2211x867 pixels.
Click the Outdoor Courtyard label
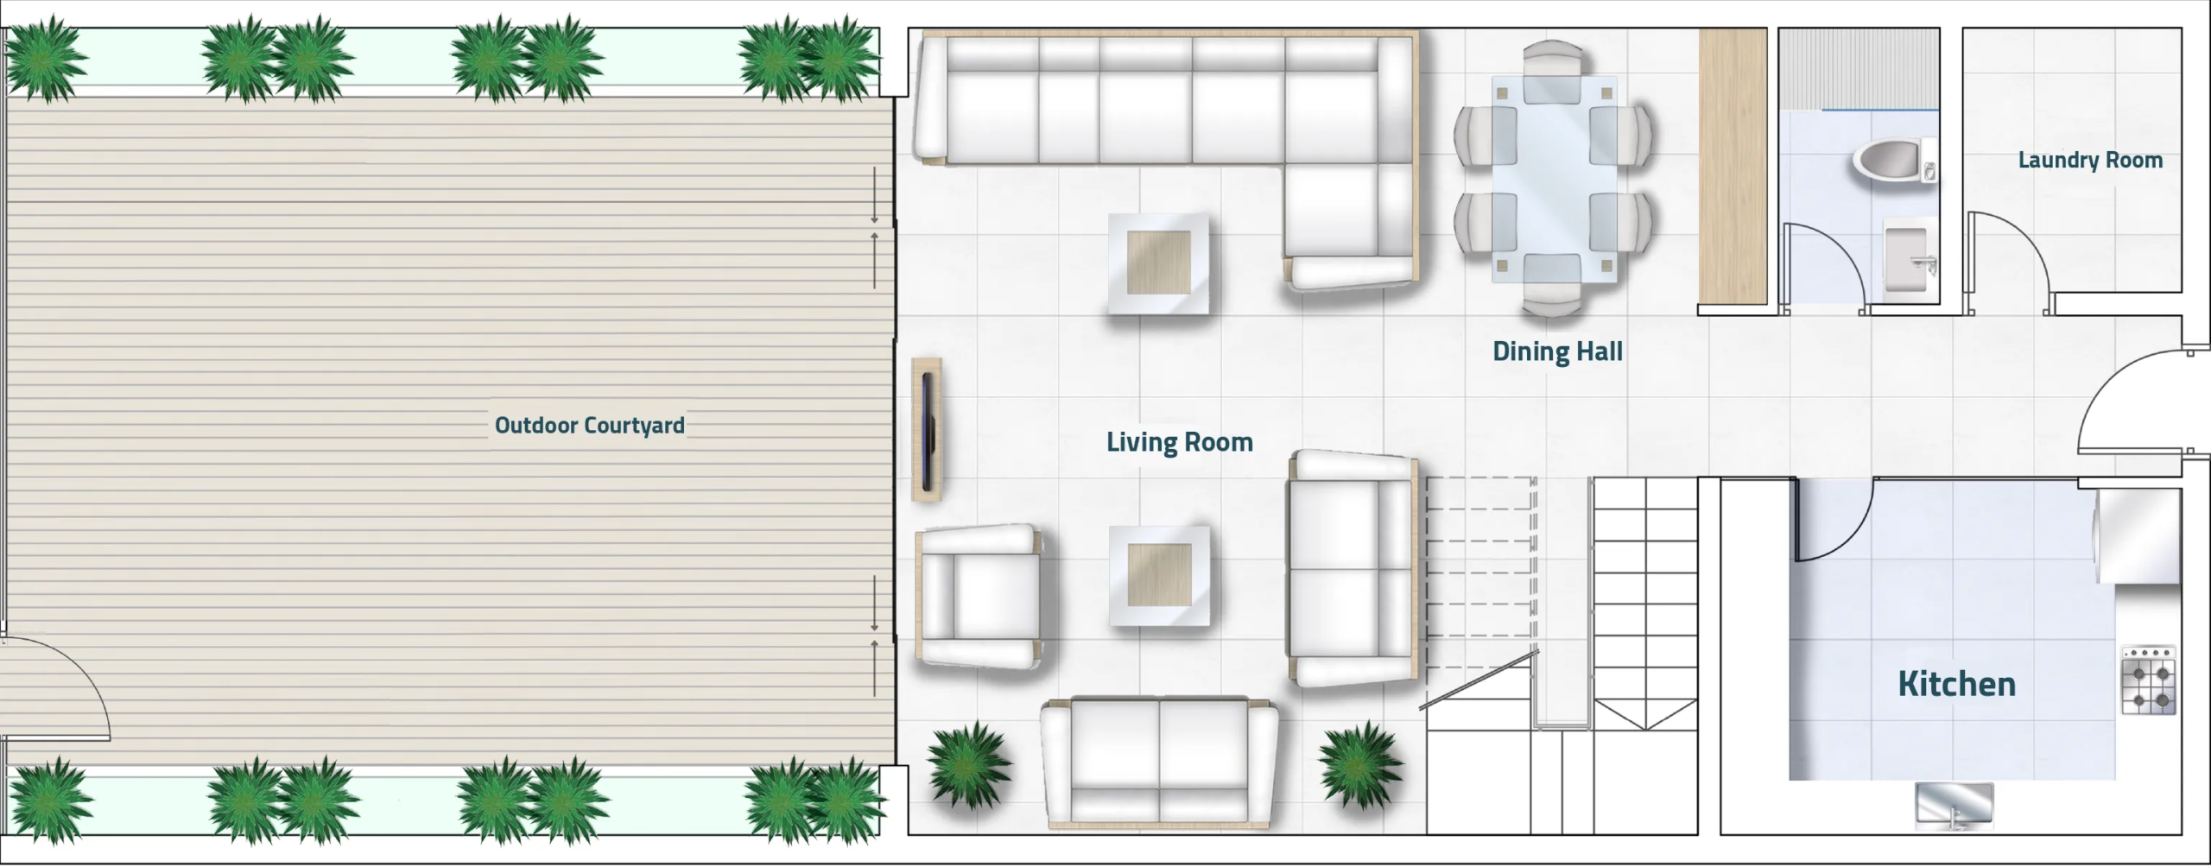click(590, 425)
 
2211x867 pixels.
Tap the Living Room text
click(1179, 442)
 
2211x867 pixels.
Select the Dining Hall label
click(1557, 351)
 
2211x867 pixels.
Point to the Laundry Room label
click(2090, 160)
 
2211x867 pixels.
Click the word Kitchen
click(1956, 684)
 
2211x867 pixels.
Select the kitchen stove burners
click(2148, 680)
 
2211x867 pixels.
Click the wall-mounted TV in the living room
click(927, 430)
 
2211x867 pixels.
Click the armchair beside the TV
click(979, 597)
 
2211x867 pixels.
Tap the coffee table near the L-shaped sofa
click(1158, 263)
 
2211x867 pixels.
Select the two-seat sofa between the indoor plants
click(1159, 763)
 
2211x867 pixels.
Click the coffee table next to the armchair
click(1158, 576)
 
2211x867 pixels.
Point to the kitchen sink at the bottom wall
click(1954, 805)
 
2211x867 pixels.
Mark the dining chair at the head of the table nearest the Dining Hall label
click(1553, 285)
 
